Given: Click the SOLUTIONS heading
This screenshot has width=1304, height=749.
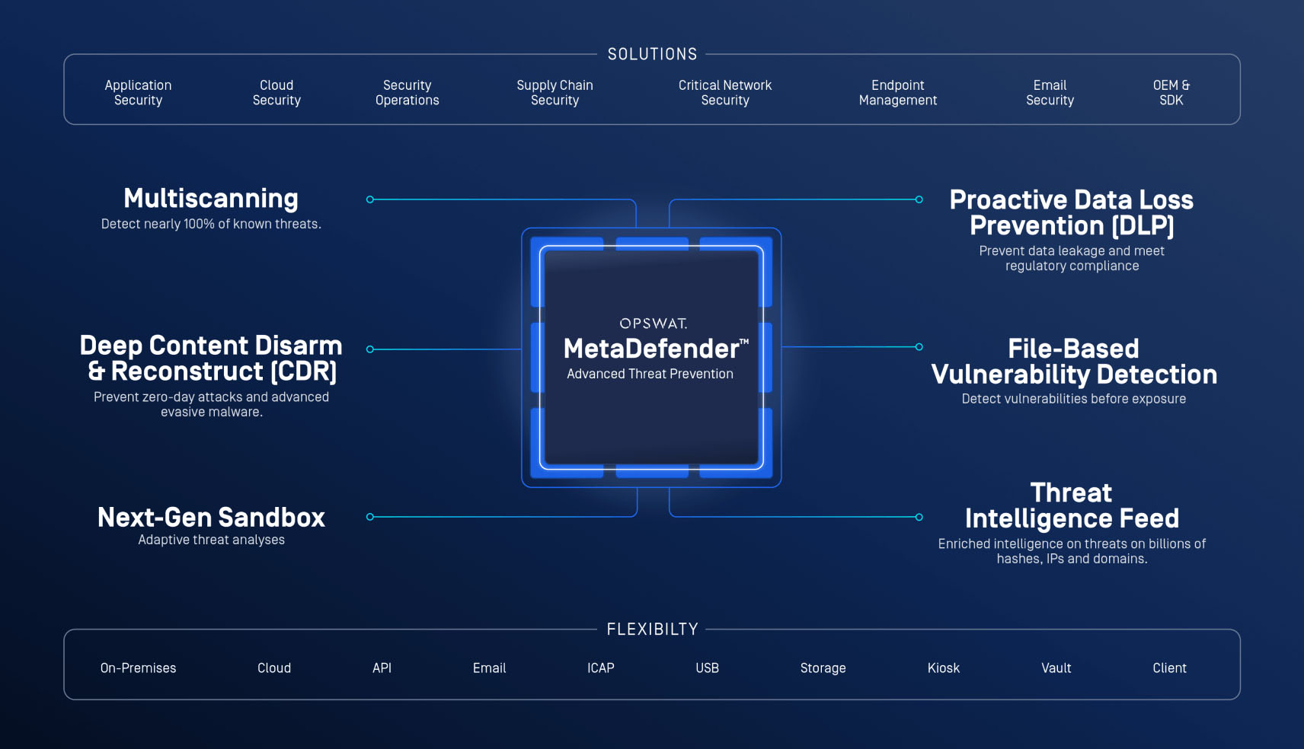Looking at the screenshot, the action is pos(652,54).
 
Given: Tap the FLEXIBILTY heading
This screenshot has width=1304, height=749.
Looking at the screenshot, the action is pos(652,629).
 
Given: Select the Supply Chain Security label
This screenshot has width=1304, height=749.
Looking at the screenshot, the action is pos(555,93).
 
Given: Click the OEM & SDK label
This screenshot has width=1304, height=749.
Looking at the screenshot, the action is pos(1171,93).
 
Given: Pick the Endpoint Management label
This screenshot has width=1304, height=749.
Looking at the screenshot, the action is pos(898,93).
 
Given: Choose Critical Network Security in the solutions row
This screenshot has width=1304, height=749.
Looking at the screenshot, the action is pos(725,93).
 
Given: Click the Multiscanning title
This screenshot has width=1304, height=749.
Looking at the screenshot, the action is pos(211,199).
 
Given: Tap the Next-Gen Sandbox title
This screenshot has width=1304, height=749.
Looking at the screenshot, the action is pos(211,518).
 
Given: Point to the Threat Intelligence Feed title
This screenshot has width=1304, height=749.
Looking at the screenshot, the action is pos(1072,505).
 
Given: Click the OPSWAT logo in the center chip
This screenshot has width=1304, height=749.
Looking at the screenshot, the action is pos(653,324).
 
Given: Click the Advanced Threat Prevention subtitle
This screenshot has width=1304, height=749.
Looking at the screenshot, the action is pos(650,374).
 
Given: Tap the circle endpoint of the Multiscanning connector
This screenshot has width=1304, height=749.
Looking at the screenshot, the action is pos(370,199).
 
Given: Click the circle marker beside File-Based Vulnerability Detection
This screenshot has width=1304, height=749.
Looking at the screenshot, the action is pos(919,347).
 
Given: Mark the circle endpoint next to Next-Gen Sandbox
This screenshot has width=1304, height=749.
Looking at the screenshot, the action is pos(370,517).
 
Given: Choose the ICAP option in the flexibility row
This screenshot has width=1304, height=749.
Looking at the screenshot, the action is pos(600,668).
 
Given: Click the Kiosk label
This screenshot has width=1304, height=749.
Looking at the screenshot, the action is pos(943,668).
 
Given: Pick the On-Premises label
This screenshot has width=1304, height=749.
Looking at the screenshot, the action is pos(138,668).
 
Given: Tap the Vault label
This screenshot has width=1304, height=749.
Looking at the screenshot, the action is pos(1056,668).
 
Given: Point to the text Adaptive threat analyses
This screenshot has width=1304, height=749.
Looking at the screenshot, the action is pos(211,540).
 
